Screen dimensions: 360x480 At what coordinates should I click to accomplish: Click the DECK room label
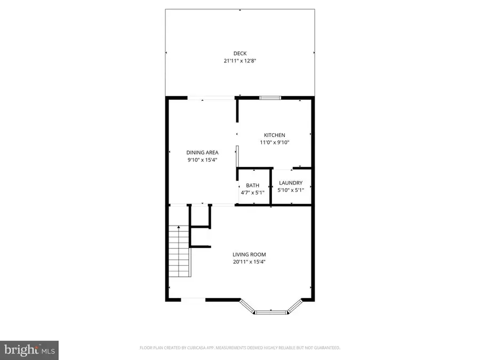pos(239,53)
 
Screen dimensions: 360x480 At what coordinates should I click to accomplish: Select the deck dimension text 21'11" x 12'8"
pos(239,61)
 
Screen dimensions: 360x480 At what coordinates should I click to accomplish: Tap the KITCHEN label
pos(275,135)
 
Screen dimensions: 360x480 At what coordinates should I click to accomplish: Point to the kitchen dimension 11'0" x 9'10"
pos(275,142)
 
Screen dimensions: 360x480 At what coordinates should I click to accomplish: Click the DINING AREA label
pos(202,153)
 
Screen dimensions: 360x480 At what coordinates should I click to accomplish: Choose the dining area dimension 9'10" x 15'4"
pos(202,160)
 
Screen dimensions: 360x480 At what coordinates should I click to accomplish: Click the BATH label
pos(253,186)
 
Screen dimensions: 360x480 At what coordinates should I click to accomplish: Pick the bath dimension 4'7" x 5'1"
pos(253,193)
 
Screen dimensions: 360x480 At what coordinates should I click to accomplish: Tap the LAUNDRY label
pos(291,183)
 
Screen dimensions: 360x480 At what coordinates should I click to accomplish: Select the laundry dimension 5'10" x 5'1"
pos(291,190)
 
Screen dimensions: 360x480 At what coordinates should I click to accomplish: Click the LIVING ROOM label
pos(249,254)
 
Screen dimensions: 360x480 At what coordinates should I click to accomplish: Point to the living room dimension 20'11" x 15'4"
pos(249,262)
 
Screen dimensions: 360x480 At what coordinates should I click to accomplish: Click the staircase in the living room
pos(180,251)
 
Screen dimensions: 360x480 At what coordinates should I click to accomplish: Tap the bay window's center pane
pos(271,311)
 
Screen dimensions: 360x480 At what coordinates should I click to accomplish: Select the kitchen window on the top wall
pos(270,98)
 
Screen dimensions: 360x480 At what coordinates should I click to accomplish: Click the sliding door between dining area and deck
pos(210,98)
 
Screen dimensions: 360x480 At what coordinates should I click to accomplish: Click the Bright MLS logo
pos(29,350)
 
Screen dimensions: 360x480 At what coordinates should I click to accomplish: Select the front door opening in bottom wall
pos(193,299)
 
